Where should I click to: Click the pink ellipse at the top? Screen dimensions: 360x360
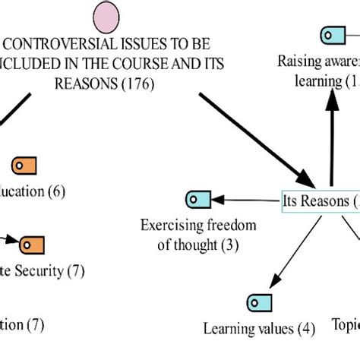(106, 17)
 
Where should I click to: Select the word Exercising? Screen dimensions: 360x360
(172, 226)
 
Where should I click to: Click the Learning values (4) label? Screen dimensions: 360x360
(259, 328)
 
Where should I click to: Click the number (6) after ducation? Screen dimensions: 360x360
(55, 191)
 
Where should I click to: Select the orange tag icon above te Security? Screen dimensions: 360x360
(32, 244)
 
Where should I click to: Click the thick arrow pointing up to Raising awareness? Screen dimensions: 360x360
(331, 129)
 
